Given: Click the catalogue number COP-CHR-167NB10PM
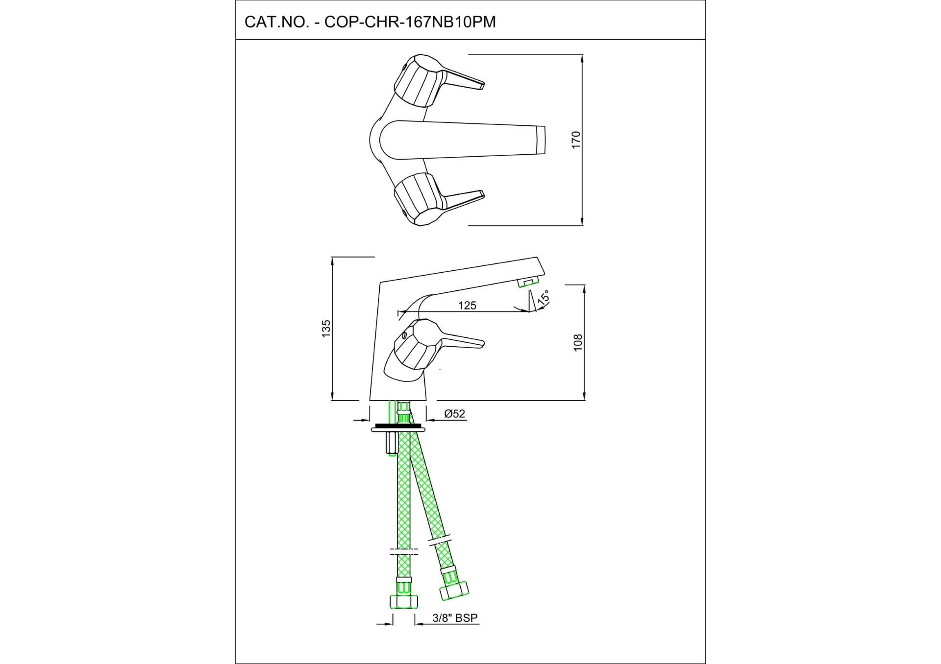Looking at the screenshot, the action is (410, 22).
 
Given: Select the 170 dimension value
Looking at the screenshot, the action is (576, 140).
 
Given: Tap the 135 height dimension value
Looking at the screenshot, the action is (326, 329).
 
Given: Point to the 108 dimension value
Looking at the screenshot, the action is (578, 342).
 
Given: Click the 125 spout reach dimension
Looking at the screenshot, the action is (467, 306).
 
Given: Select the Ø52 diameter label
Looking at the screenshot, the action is (455, 414).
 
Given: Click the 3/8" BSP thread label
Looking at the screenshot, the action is (455, 618).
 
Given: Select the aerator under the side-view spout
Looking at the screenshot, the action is (528, 282).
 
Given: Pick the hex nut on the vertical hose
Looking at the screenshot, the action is (403, 601).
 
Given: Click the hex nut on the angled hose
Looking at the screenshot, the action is (454, 591).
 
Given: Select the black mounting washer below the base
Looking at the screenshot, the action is (398, 426).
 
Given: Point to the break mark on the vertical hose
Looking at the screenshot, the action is (404, 551).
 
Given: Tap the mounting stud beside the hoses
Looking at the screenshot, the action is (391, 443).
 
